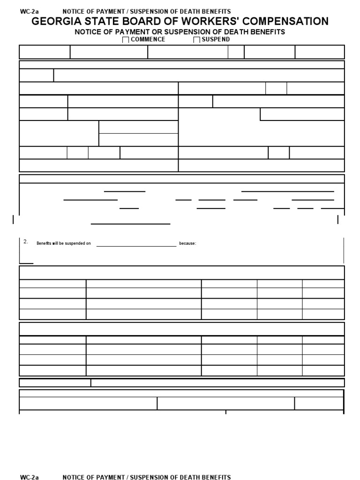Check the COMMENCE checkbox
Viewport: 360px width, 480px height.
tap(126, 40)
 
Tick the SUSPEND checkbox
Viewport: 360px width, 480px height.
tap(196, 40)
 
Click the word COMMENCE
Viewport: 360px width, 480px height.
tap(148, 39)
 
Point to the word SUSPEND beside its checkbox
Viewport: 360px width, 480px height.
tap(216, 39)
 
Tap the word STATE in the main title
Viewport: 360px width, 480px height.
tap(98, 22)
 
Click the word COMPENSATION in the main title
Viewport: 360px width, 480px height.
tap(289, 22)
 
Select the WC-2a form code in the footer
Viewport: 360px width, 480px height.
tap(29, 477)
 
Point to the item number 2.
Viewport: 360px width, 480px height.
tap(26, 241)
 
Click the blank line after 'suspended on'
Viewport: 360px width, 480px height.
tap(136, 244)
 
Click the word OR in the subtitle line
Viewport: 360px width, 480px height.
tap(153, 32)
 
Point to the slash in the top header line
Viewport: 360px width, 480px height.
tap(126, 11)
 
